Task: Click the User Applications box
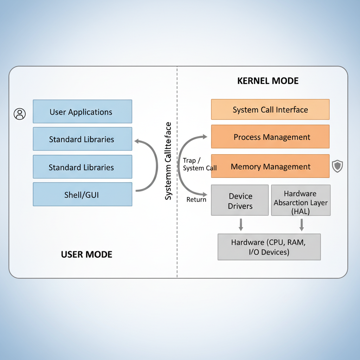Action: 82,111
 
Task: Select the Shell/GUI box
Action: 82,194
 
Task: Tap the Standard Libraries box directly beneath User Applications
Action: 82,139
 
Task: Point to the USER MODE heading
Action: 86,254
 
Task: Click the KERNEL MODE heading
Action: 268,81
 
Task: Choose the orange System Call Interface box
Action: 270,110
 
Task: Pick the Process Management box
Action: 270,137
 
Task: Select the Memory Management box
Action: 270,166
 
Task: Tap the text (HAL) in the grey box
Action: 301,211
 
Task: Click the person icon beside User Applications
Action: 20,114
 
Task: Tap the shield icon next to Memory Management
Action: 337,166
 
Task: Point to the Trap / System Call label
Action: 199,164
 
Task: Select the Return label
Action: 196,199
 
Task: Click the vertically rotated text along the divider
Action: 168,161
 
